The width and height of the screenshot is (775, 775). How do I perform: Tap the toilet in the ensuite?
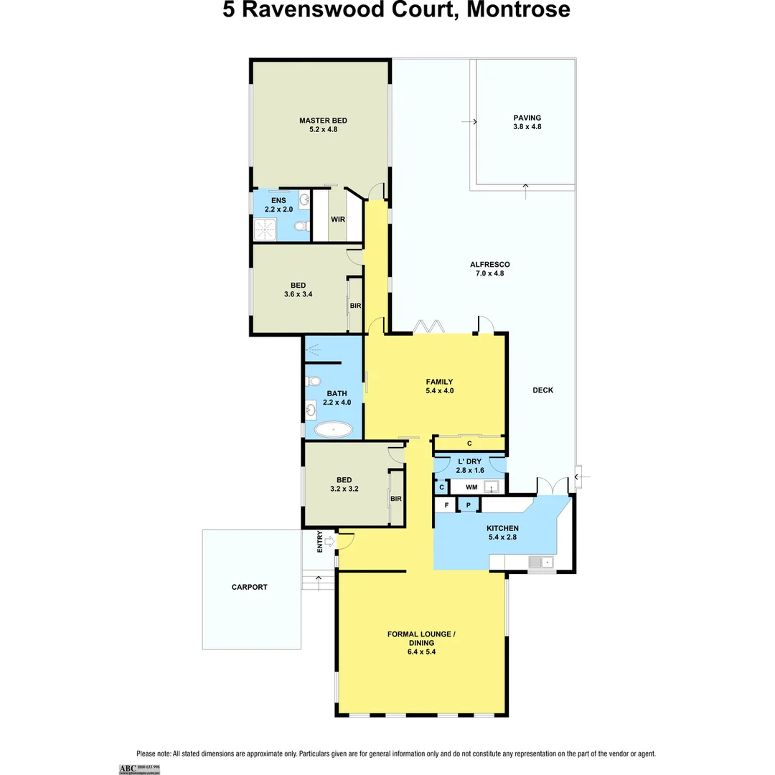(x=301, y=227)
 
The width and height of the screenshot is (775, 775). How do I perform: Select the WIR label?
(x=338, y=220)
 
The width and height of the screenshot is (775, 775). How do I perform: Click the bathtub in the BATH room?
(x=334, y=431)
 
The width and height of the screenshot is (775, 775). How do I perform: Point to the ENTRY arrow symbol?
(x=329, y=541)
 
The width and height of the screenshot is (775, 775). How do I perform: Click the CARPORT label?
(x=249, y=587)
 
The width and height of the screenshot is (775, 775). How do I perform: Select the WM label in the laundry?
(x=471, y=487)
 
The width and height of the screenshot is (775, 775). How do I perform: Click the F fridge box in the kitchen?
(x=446, y=505)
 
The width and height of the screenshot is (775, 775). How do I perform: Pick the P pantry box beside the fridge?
(x=468, y=505)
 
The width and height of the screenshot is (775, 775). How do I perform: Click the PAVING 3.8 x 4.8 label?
(x=527, y=122)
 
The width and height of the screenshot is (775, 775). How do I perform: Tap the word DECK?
(x=542, y=390)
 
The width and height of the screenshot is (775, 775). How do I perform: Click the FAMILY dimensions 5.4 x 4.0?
(x=439, y=391)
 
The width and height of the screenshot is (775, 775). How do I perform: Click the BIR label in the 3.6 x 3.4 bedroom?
(x=355, y=306)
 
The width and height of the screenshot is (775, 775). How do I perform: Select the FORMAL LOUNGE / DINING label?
(x=421, y=639)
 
